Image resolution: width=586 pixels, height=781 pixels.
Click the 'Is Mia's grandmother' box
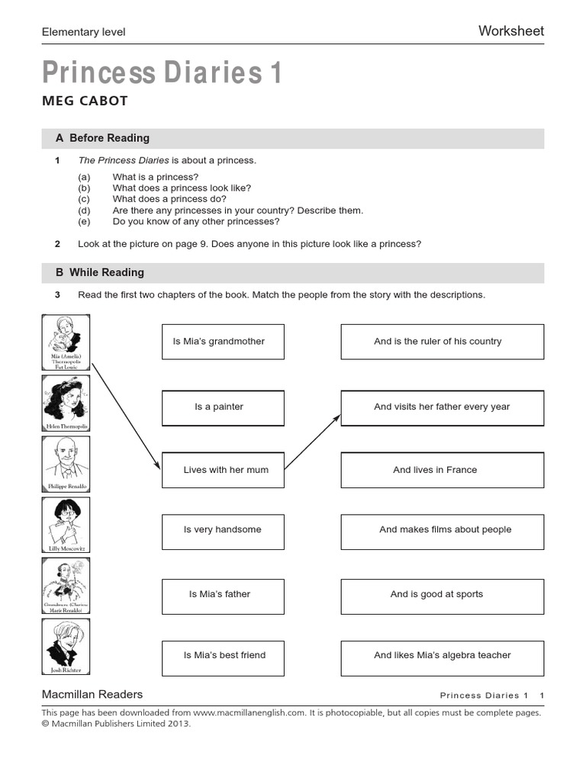223,342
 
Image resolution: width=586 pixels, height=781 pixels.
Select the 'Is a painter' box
223,407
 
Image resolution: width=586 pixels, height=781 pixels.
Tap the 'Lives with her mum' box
223,471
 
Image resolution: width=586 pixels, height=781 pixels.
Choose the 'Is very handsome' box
223,530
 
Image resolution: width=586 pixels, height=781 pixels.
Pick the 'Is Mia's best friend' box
223,655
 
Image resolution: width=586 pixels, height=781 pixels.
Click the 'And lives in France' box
442,471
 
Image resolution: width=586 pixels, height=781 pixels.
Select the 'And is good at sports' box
442,594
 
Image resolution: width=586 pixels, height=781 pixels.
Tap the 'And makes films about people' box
442,530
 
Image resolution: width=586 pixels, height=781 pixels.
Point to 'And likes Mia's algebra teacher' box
442,655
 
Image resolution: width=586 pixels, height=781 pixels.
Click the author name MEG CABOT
85,101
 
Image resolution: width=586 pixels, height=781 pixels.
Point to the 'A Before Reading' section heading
102,138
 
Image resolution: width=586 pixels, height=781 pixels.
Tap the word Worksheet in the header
510,31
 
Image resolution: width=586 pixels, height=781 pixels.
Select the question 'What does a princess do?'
169,199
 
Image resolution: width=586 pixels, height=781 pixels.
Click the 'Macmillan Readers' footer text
92,694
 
